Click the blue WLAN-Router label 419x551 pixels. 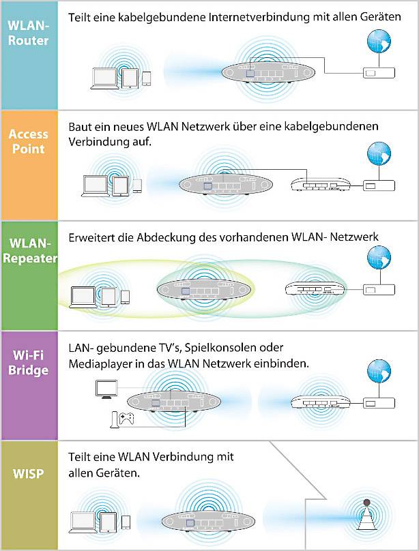point(29,33)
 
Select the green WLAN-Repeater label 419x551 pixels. point(29,252)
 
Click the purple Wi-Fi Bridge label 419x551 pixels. point(29,363)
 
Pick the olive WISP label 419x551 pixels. point(29,472)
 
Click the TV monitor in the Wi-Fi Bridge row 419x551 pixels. point(106,389)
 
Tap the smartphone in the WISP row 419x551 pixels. point(126,522)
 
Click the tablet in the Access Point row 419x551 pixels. point(121,185)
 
